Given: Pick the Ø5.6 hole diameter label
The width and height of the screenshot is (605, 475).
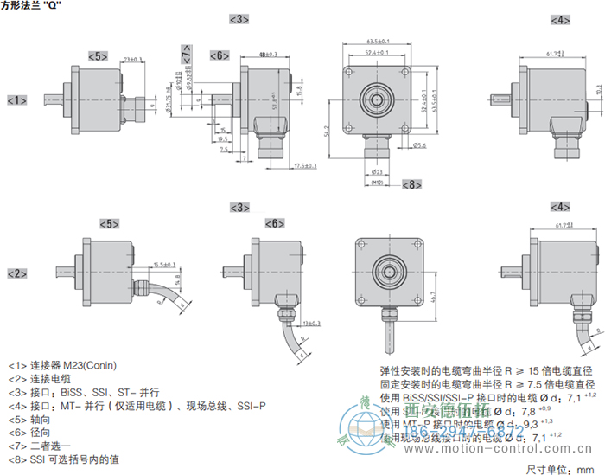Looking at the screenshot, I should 418,145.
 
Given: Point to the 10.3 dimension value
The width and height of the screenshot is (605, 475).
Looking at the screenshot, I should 599,90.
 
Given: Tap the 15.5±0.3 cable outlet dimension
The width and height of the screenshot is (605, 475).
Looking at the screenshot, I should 164,264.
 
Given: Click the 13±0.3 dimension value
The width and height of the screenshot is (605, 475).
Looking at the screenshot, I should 312,323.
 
